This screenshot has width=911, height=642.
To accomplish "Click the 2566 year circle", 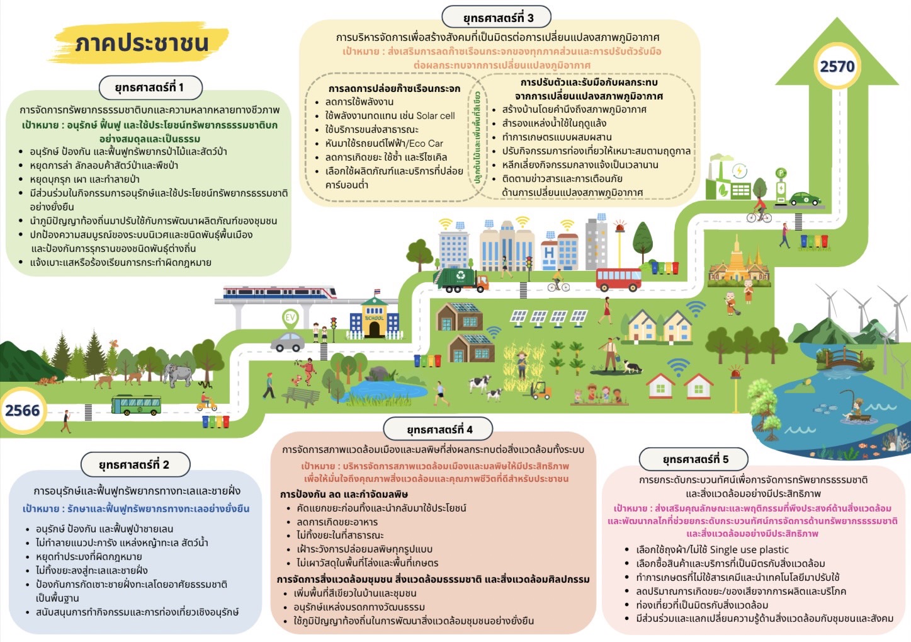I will point(23,411).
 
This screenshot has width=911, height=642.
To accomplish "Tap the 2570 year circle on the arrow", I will point(837,66).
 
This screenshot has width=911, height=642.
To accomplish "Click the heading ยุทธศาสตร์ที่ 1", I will point(150,88).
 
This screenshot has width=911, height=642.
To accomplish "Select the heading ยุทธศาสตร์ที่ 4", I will point(439,430).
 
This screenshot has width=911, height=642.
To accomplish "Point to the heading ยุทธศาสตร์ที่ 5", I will point(694,459).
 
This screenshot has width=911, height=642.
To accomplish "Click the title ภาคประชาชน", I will point(141,43).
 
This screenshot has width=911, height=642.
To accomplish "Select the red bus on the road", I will point(618,278).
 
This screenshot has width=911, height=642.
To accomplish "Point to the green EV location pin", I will point(290,318).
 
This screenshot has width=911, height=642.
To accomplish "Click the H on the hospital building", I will point(549,252).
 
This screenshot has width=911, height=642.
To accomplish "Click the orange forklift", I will point(540,391).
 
